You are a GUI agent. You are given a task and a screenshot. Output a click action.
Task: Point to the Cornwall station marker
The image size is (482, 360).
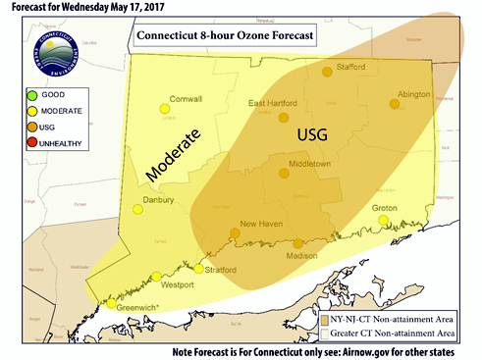pos(165,110)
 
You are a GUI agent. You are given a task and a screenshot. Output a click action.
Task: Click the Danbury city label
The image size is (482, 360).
pos(157,199)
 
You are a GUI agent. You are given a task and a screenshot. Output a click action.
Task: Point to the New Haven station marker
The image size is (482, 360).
pos(234,233)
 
